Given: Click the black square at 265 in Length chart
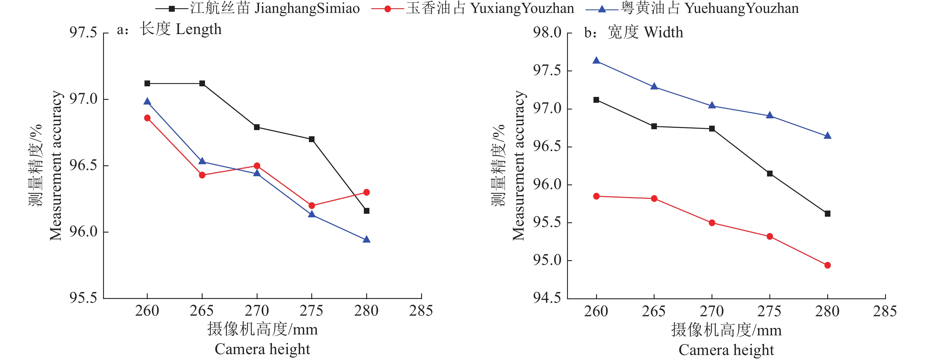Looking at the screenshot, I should tap(202, 84).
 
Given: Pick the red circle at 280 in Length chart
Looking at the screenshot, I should tap(367, 192).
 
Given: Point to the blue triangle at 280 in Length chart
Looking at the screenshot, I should tap(367, 239).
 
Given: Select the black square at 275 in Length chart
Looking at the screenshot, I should tap(312, 139).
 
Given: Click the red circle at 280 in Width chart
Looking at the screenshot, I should tap(828, 265).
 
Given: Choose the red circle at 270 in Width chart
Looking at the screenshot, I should tap(712, 223).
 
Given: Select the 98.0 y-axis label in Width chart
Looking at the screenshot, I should tap(547, 33).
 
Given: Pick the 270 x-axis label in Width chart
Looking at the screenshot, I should tap(712, 312).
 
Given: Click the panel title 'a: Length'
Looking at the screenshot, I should tap(169, 29).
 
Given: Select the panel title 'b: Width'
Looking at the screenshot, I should tap(633, 33).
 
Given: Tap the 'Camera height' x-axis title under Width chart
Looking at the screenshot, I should tap(726, 350).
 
